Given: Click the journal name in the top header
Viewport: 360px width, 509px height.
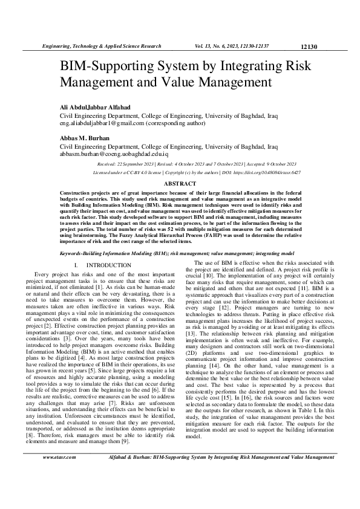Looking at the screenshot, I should point(100,46).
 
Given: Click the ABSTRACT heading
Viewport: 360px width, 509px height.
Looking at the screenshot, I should point(180,183).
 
